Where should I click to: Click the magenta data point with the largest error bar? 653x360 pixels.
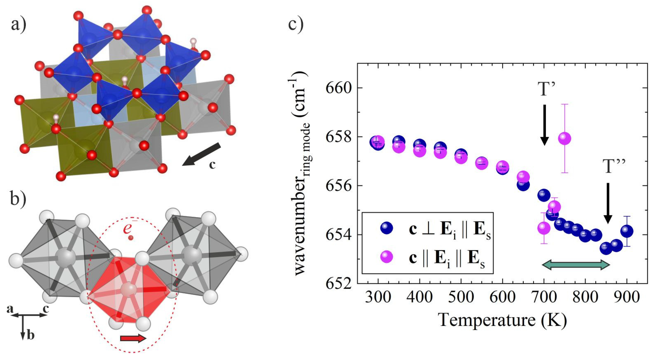pos(564,138)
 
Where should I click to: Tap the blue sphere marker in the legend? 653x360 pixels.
pos(387,228)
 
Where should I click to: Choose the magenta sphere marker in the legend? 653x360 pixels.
pos(387,258)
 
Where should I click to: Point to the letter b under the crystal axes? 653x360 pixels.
pos(30,336)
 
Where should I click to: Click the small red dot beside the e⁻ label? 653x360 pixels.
pos(131,238)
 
